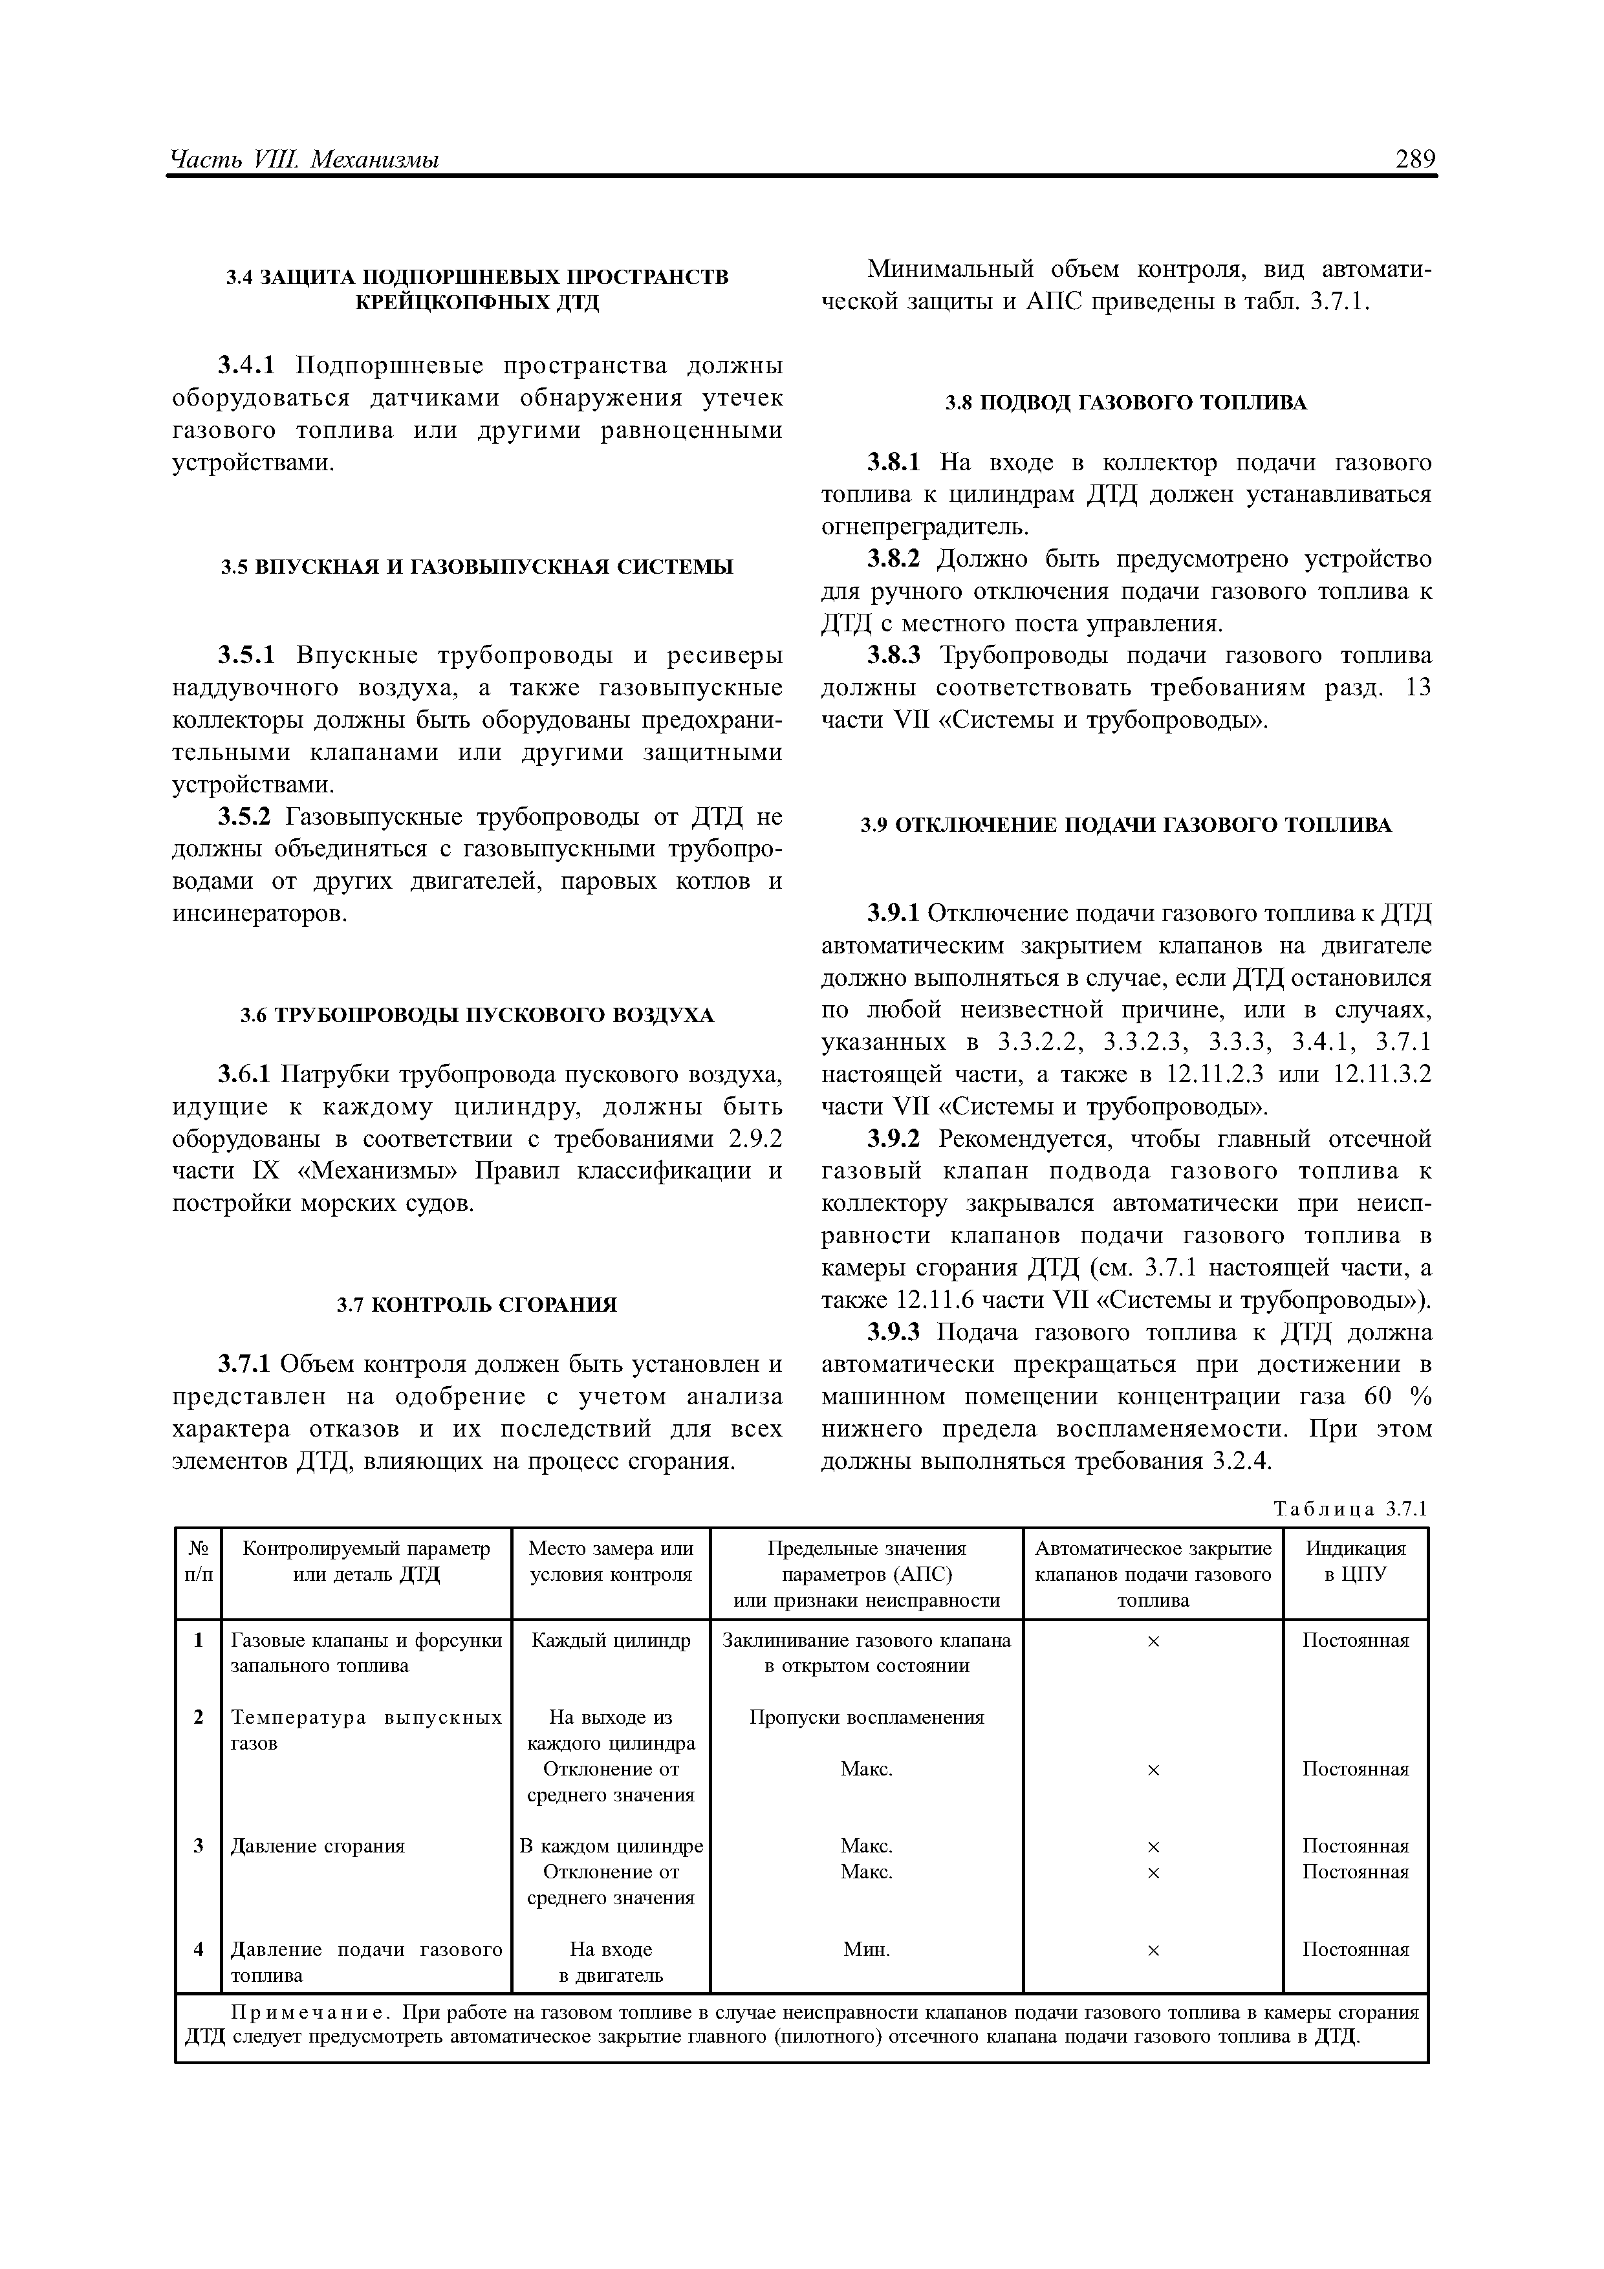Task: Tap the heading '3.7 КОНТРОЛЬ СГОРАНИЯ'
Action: tap(477, 1305)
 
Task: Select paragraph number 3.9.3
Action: tap(893, 1333)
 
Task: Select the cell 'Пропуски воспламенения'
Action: tap(866, 1717)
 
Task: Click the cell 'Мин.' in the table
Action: tap(866, 1949)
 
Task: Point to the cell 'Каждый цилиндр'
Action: tap(611, 1640)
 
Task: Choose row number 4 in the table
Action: tap(199, 1949)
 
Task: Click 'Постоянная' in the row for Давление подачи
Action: tap(1355, 1949)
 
